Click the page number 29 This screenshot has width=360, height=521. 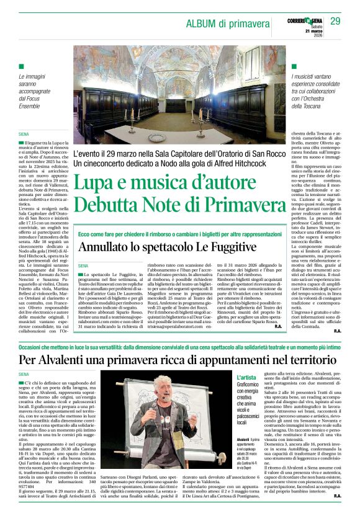coord(335,22)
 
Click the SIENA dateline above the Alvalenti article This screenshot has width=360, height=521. coord(24,374)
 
